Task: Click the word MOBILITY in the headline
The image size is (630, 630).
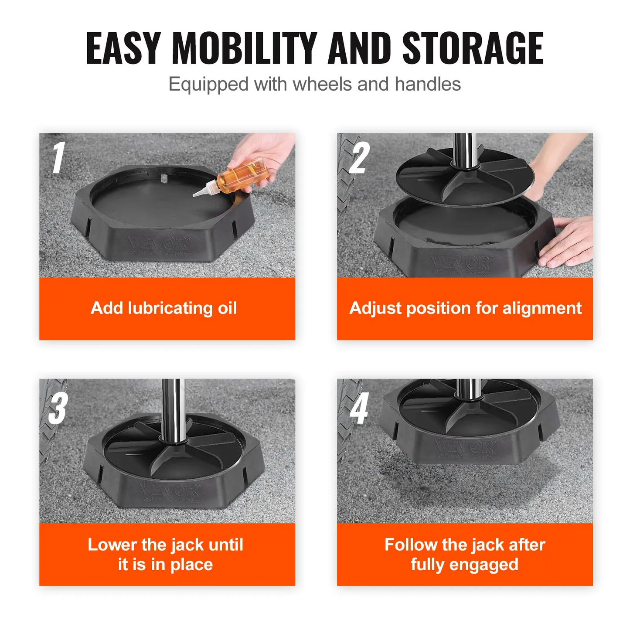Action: pos(244,48)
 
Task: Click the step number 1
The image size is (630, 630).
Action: pos(58,158)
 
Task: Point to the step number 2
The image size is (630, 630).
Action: pos(359,158)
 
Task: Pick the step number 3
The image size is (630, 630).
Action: pos(58,408)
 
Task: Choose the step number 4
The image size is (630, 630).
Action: pos(359,408)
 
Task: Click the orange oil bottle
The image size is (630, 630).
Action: pos(242,177)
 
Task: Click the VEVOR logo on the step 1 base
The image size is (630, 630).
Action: pos(158,243)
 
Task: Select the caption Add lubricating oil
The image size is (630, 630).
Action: pos(164,308)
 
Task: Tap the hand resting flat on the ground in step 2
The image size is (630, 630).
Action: pos(567,244)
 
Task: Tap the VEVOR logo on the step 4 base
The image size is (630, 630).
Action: pos(463,446)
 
